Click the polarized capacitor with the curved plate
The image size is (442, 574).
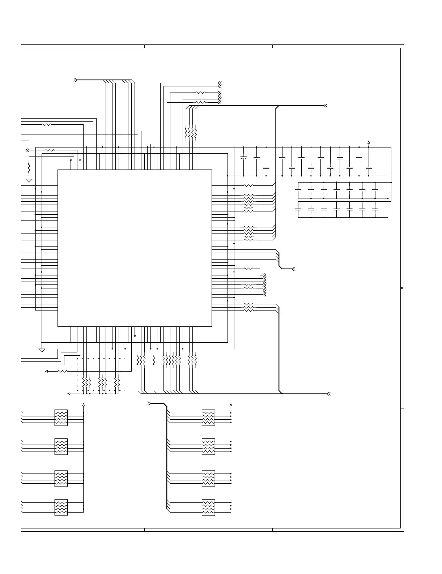click(243, 158)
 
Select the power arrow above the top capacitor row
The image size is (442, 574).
click(369, 142)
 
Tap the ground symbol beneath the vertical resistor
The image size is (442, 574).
click(29, 180)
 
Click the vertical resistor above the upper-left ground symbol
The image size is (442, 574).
click(29, 168)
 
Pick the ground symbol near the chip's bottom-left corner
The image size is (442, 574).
click(42, 350)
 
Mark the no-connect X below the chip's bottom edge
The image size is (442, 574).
click(135, 336)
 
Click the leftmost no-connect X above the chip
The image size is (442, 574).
click(71, 160)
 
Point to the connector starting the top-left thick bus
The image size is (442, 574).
click(75, 80)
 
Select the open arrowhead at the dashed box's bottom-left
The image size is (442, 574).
click(69, 393)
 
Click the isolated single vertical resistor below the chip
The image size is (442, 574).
click(154, 360)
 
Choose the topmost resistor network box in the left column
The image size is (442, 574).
click(61, 417)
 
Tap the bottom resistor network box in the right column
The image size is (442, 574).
click(208, 507)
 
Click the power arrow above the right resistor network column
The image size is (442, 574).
click(231, 405)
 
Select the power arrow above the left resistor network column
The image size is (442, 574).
click(84, 405)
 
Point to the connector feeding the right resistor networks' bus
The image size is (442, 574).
click(149, 403)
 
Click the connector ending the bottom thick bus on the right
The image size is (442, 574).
click(328, 394)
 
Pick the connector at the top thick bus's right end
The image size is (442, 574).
click(326, 106)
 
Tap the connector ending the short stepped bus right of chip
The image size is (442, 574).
click(294, 269)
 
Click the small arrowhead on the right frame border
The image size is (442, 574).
click(402, 288)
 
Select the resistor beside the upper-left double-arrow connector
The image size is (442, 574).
click(50, 150)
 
